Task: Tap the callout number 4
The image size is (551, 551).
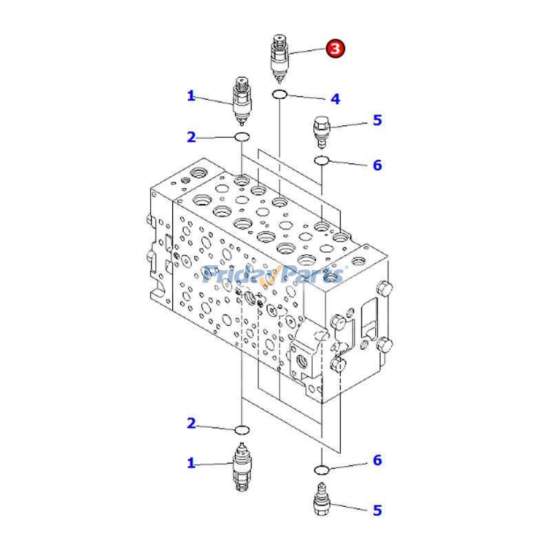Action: pyautogui.click(x=335, y=99)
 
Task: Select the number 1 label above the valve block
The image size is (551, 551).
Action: pyautogui.click(x=191, y=96)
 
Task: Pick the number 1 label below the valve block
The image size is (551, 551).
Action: pyautogui.click(x=191, y=464)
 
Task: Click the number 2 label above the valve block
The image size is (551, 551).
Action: pyautogui.click(x=191, y=137)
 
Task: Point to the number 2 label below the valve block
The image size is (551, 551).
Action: pyautogui.click(x=191, y=424)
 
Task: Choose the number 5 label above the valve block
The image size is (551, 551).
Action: pyautogui.click(x=377, y=121)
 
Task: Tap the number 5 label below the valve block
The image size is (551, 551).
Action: pyautogui.click(x=377, y=510)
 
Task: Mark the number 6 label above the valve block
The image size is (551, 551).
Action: pyautogui.click(x=377, y=165)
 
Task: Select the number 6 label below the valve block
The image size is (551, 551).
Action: pyautogui.click(x=377, y=461)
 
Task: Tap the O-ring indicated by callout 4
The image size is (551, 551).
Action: pyautogui.click(x=280, y=94)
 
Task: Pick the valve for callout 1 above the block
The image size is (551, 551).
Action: pyautogui.click(x=242, y=101)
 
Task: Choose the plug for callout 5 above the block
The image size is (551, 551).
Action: pyautogui.click(x=321, y=131)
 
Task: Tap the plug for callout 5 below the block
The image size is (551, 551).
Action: pyautogui.click(x=321, y=501)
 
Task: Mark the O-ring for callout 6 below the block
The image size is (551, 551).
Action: pyautogui.click(x=321, y=470)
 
